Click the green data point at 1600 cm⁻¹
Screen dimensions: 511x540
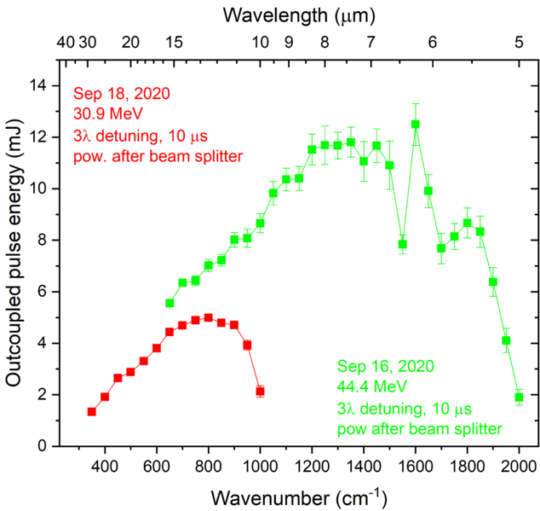[x=416, y=124]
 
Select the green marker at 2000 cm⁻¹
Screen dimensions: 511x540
[x=519, y=398]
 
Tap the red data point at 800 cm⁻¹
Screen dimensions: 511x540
[x=208, y=317]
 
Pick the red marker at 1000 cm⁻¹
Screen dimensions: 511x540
[x=260, y=392]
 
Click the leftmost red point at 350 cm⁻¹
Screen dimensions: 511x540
[x=91, y=412]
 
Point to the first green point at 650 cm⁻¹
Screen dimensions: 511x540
[x=169, y=303]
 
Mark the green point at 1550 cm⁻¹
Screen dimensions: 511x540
[x=402, y=244]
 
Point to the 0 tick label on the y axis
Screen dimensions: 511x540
[x=39, y=446]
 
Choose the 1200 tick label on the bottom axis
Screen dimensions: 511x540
[x=312, y=466]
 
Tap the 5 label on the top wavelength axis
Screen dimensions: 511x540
[x=519, y=42]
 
